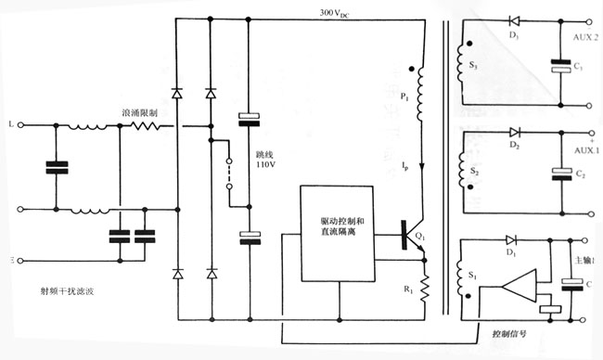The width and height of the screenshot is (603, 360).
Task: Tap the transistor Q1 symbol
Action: point(410,236)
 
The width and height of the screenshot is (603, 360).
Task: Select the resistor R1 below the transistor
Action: point(423,289)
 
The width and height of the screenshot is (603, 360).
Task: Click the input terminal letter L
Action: point(9,122)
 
